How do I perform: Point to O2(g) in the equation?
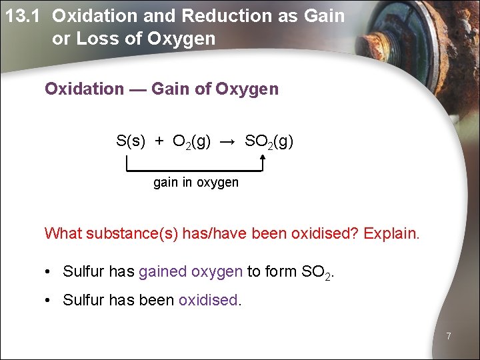[191, 141]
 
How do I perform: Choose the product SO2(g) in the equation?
[269, 141]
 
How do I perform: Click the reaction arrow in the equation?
[228, 141]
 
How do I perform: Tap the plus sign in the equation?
[159, 141]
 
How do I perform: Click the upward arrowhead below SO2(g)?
[263, 159]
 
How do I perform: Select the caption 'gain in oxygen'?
[195, 182]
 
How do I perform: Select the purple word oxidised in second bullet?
[208, 300]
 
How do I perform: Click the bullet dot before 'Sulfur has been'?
[49, 300]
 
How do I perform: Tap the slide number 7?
[448, 336]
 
